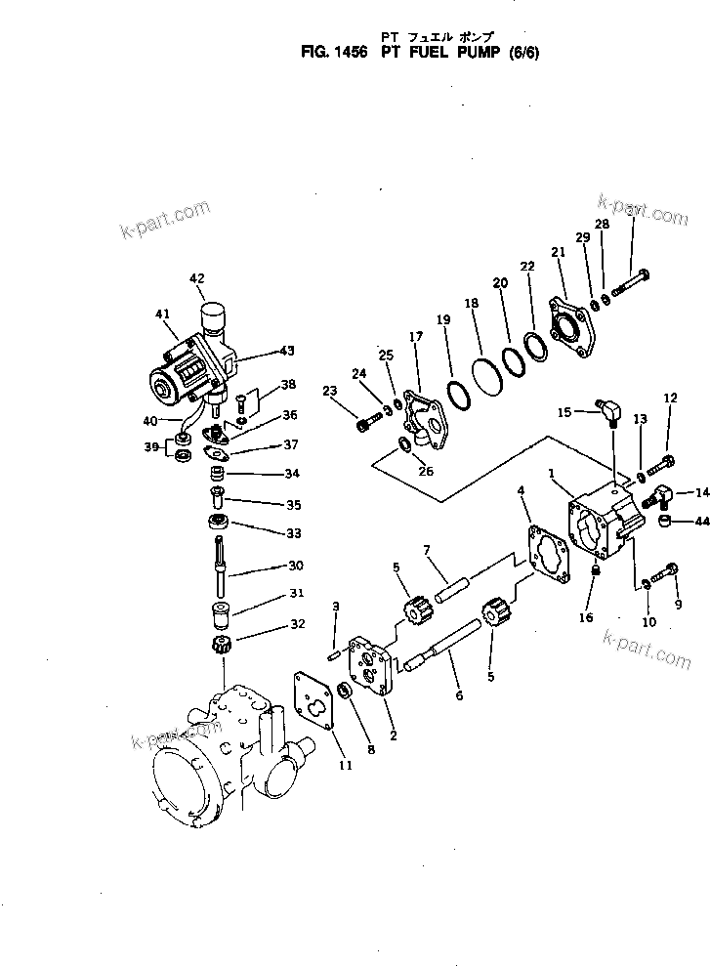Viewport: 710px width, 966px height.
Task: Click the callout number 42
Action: pyautogui.click(x=197, y=278)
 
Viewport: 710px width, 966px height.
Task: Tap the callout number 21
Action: pyautogui.click(x=559, y=252)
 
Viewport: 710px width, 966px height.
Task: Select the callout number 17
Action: pyautogui.click(x=416, y=337)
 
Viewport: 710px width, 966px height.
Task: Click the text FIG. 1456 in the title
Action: pyautogui.click(x=332, y=57)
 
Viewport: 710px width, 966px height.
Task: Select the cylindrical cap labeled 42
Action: pyautogui.click(x=214, y=318)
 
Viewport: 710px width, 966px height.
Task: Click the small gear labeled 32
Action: pyautogui.click(x=222, y=647)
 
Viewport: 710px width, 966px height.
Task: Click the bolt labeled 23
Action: pyautogui.click(x=366, y=425)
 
